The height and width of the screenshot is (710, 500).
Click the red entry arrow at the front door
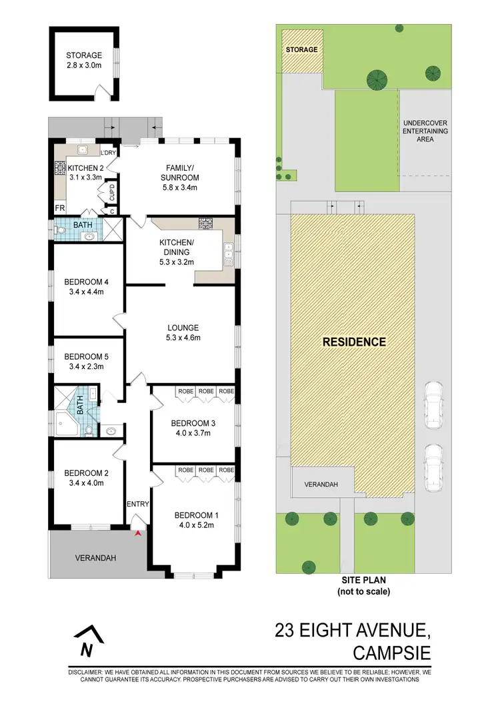point(138,532)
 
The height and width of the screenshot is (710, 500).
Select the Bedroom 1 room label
point(193,514)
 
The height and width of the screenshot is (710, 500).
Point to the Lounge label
point(183,328)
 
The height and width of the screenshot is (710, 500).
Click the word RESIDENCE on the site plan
point(354,342)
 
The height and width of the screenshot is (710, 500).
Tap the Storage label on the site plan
point(301,50)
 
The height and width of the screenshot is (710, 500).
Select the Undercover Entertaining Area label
point(425,131)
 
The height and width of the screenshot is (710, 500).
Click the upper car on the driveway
point(433,404)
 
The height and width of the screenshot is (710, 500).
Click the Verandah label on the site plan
point(319,484)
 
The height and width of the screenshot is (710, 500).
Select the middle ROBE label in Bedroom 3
point(205,392)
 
